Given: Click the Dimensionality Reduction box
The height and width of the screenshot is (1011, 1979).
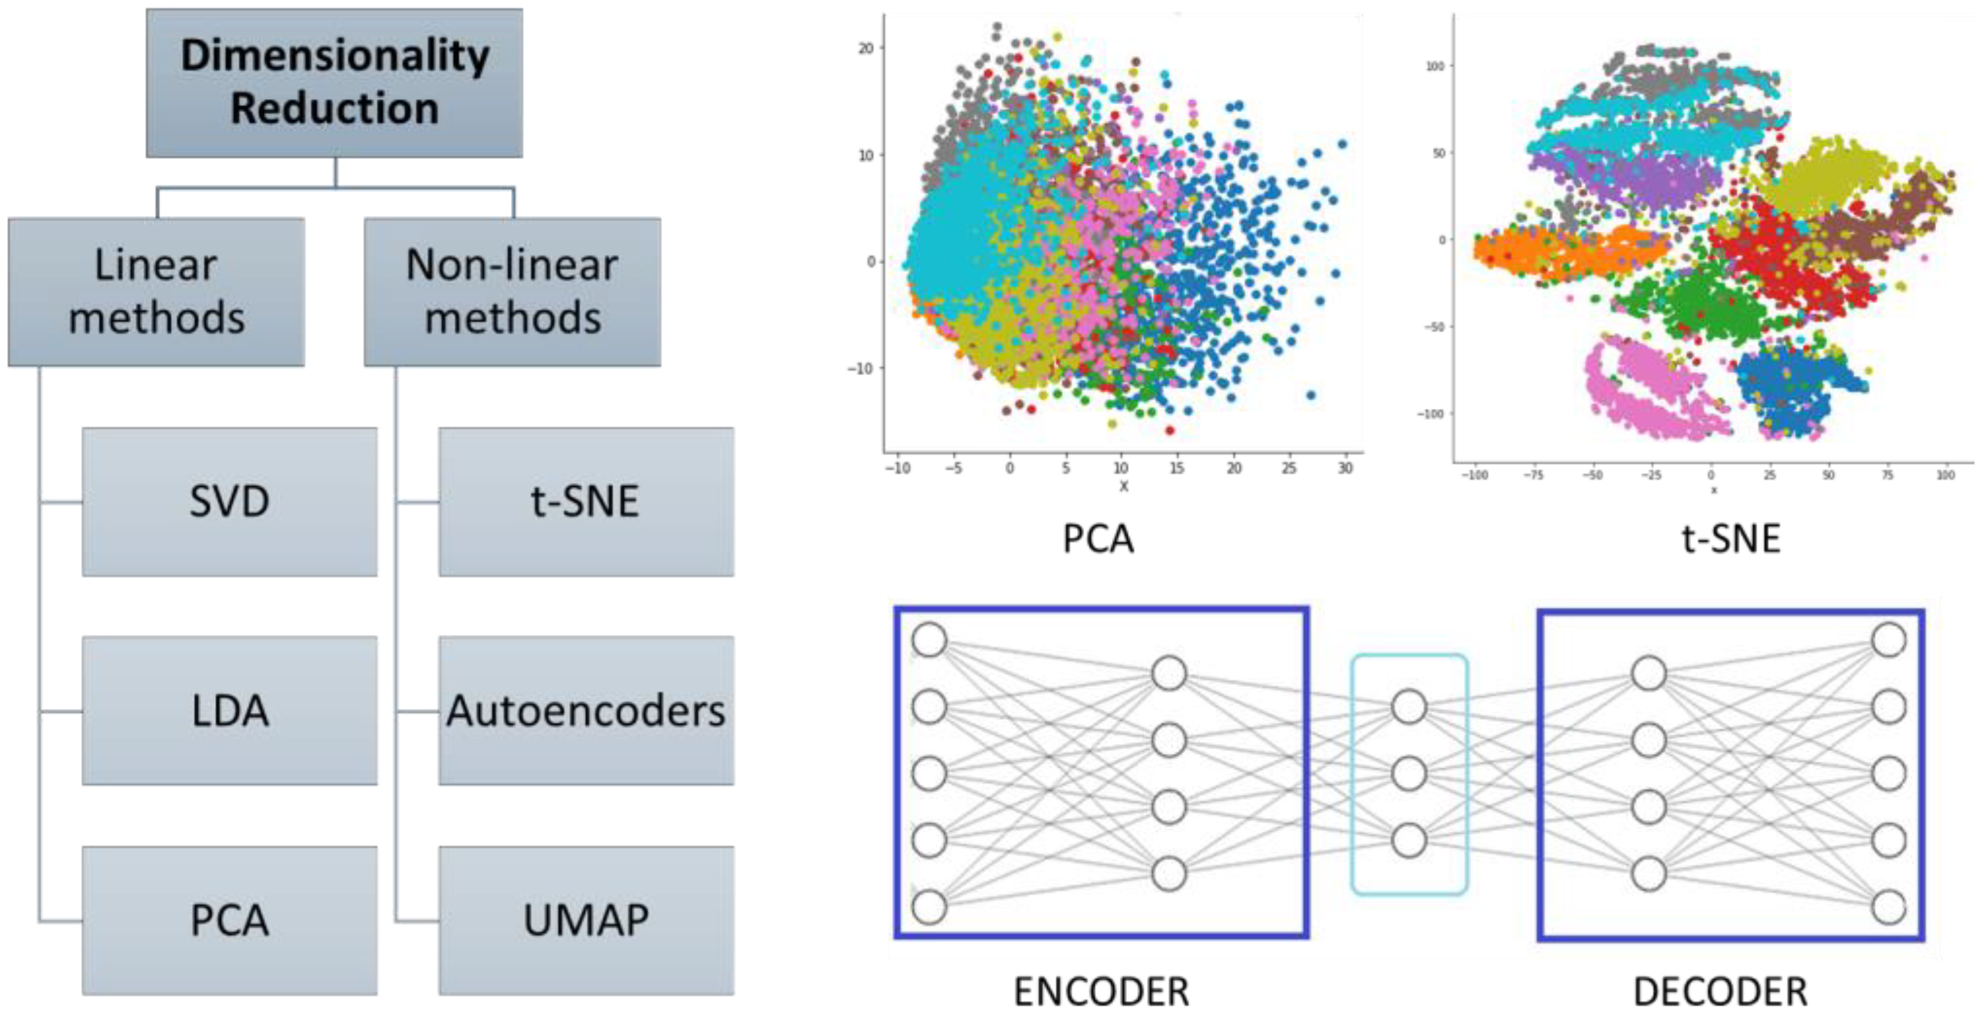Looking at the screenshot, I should pos(334,83).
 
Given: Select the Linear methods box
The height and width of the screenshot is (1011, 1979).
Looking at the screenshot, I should pos(156,292).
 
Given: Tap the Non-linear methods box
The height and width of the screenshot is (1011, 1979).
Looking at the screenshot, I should pos(512,292).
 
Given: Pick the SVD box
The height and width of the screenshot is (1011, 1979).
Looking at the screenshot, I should pos(229,502).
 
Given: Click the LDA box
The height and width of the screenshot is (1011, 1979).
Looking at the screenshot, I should pos(229,711).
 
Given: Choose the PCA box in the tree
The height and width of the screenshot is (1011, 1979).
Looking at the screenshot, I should pos(229,920).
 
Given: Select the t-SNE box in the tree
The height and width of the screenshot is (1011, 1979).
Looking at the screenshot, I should pos(586,502).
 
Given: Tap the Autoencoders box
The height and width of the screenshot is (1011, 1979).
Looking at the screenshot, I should pos(586,711).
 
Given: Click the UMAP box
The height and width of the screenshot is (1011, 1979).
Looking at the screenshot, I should pos(586,920).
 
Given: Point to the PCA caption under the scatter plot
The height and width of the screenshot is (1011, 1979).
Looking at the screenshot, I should pos(1098,539).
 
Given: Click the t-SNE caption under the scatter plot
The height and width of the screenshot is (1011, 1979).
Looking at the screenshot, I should pos(1731,539).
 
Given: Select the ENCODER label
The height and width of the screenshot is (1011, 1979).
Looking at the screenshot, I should pos(1101,991).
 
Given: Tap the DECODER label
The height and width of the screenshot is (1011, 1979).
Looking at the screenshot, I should pos(1720,991).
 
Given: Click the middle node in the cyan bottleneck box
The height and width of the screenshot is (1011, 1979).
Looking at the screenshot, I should pos(1409,774).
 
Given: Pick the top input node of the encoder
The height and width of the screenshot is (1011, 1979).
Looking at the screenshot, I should pos(929,640).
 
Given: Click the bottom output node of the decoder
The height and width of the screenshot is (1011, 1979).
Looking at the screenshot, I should pos(1888,907).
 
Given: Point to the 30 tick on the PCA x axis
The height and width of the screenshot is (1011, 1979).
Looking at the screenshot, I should pos(1345,468).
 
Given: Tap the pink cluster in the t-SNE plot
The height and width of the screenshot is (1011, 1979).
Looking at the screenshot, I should pos(1644,388).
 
